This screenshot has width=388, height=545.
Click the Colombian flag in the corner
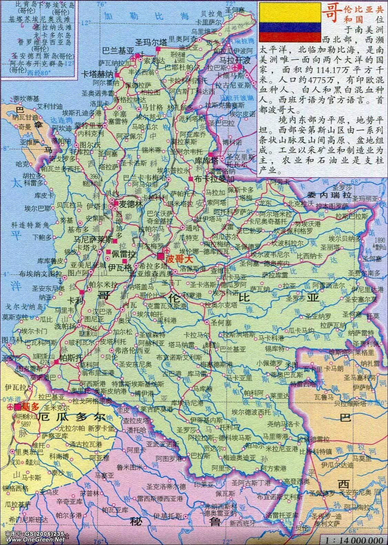290,22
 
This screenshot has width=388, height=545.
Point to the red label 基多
30,406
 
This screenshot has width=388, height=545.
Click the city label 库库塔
206,160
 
